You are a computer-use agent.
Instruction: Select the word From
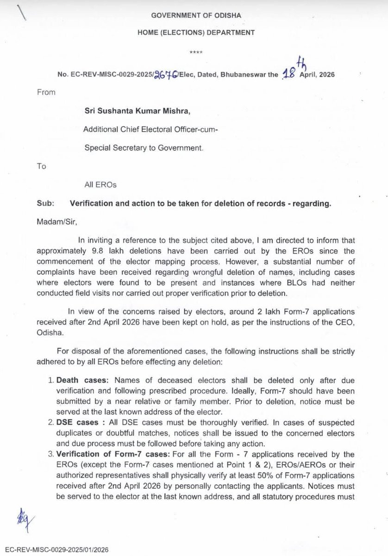[x=46, y=92]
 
